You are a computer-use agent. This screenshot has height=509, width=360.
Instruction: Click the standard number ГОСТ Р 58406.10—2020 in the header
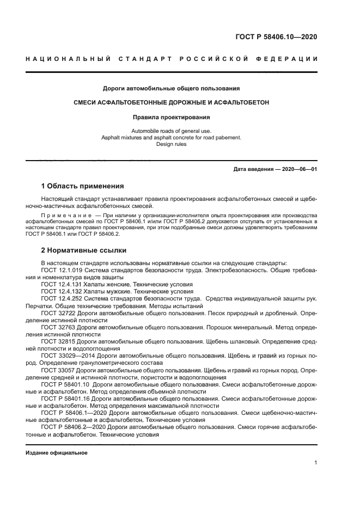[275, 37]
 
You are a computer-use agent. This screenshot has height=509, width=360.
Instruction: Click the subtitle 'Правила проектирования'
[172, 116]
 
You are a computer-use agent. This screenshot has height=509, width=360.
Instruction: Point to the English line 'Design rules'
[171, 145]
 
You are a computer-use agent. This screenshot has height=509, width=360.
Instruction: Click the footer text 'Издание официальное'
[56, 452]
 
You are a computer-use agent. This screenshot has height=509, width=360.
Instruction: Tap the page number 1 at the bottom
[315, 463]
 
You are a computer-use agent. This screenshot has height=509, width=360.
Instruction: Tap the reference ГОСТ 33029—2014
[68, 355]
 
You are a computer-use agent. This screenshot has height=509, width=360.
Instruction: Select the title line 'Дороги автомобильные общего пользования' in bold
[172, 88]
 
